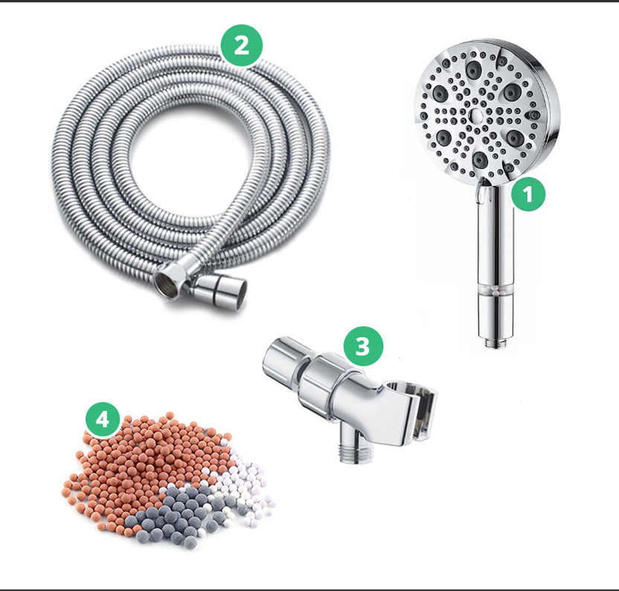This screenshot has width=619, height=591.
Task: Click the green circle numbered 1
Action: click(x=528, y=194)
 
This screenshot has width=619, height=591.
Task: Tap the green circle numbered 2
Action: click(x=242, y=46)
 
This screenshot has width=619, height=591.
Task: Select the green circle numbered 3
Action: click(x=363, y=346)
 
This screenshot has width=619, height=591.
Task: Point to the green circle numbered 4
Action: click(x=103, y=419)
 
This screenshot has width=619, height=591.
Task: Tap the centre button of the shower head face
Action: click(x=476, y=115)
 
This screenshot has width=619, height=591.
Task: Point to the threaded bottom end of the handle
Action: click(x=495, y=342)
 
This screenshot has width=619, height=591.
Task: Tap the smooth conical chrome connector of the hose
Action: click(x=220, y=291)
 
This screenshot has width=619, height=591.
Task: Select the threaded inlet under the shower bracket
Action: click(x=353, y=449)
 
